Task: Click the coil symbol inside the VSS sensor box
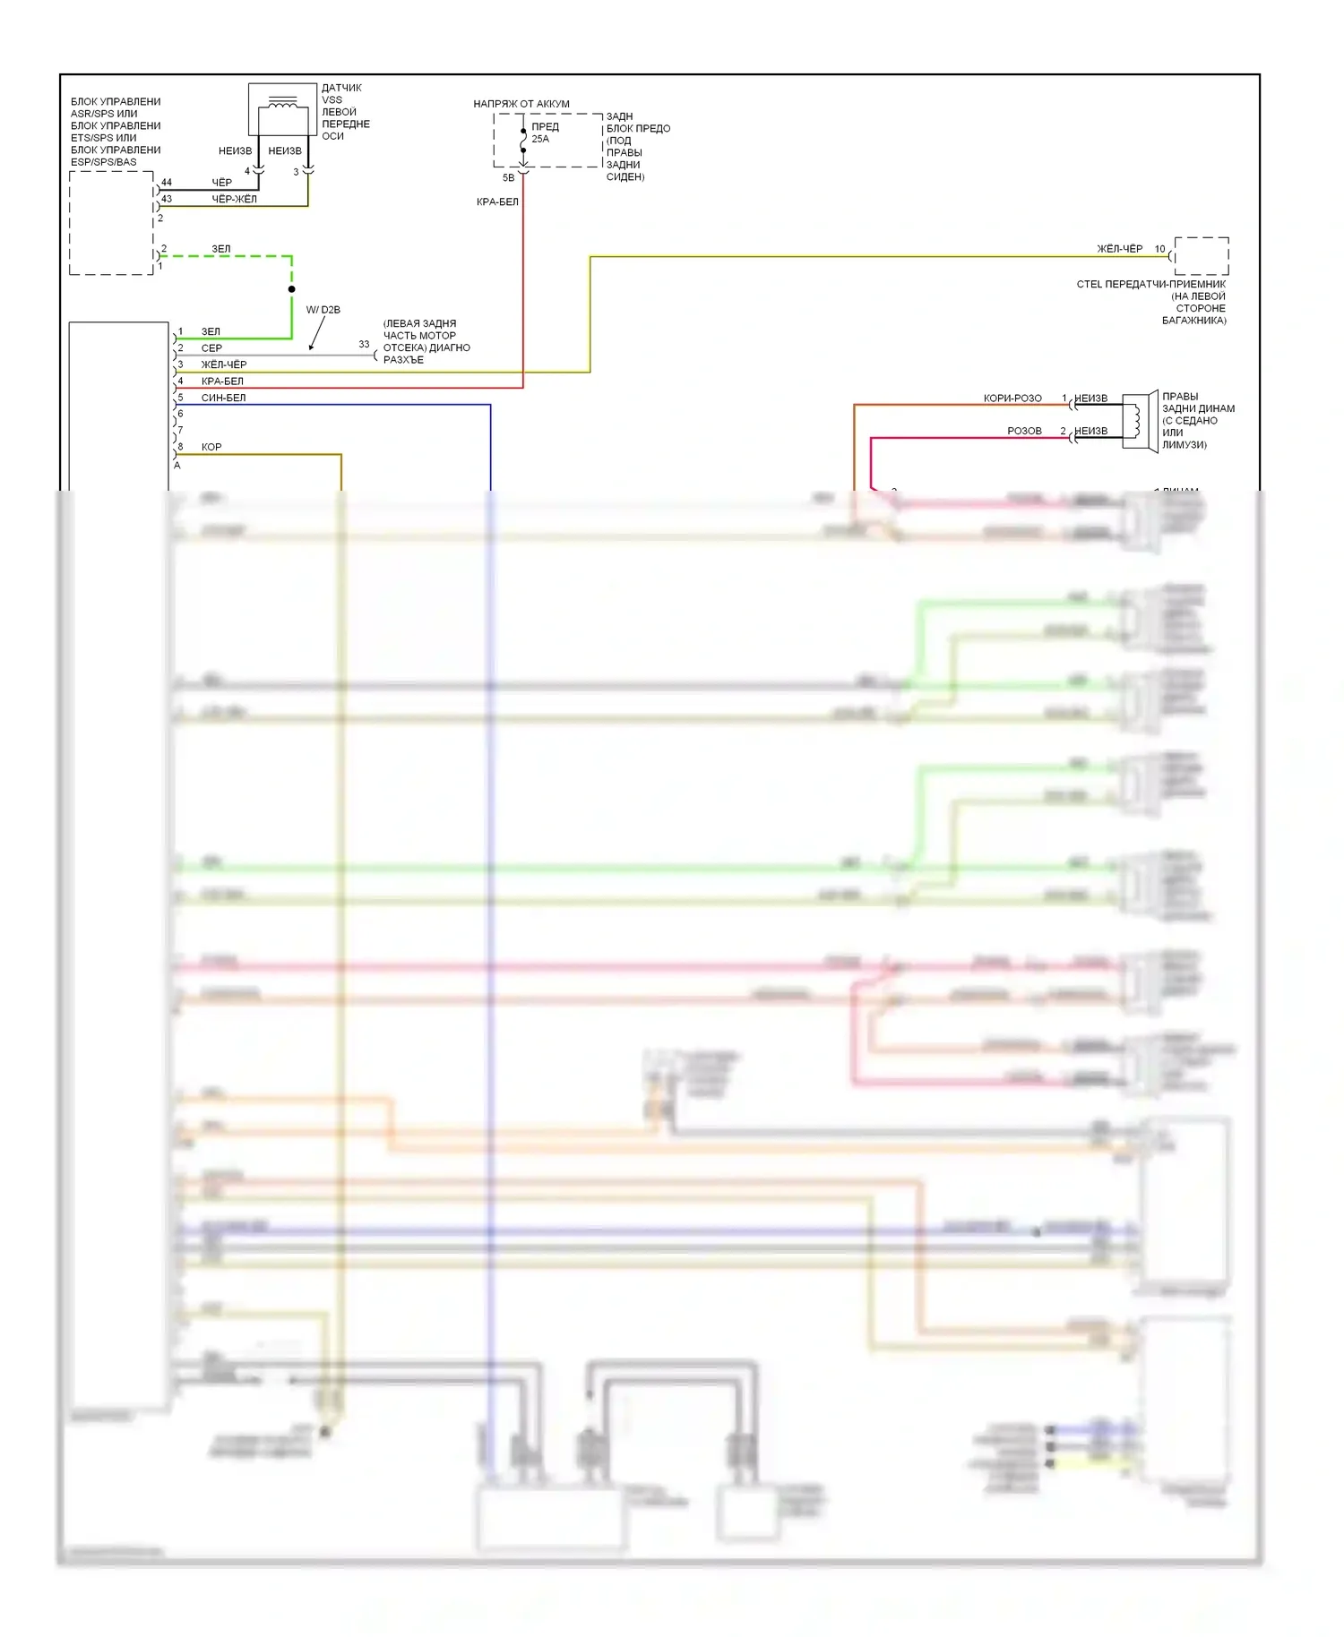point(282,105)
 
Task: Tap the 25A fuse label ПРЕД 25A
point(544,133)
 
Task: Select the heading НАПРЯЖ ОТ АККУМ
point(521,104)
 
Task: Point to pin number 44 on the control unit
point(167,183)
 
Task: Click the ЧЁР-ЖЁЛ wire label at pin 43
point(234,199)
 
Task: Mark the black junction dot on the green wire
point(291,289)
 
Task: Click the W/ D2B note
point(323,310)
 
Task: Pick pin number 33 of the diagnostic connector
point(364,344)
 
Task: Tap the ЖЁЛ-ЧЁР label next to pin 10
point(1119,249)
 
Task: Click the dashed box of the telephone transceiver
point(1201,256)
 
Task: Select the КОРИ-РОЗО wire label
point(1012,399)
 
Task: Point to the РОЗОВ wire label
point(1024,432)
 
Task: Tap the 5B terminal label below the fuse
point(508,178)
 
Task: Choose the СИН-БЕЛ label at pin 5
point(223,398)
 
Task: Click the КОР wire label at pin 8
point(211,447)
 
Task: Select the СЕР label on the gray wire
point(211,348)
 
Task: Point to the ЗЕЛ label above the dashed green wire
point(220,249)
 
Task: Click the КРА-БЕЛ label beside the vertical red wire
point(497,202)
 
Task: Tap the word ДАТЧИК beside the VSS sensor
point(341,88)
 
